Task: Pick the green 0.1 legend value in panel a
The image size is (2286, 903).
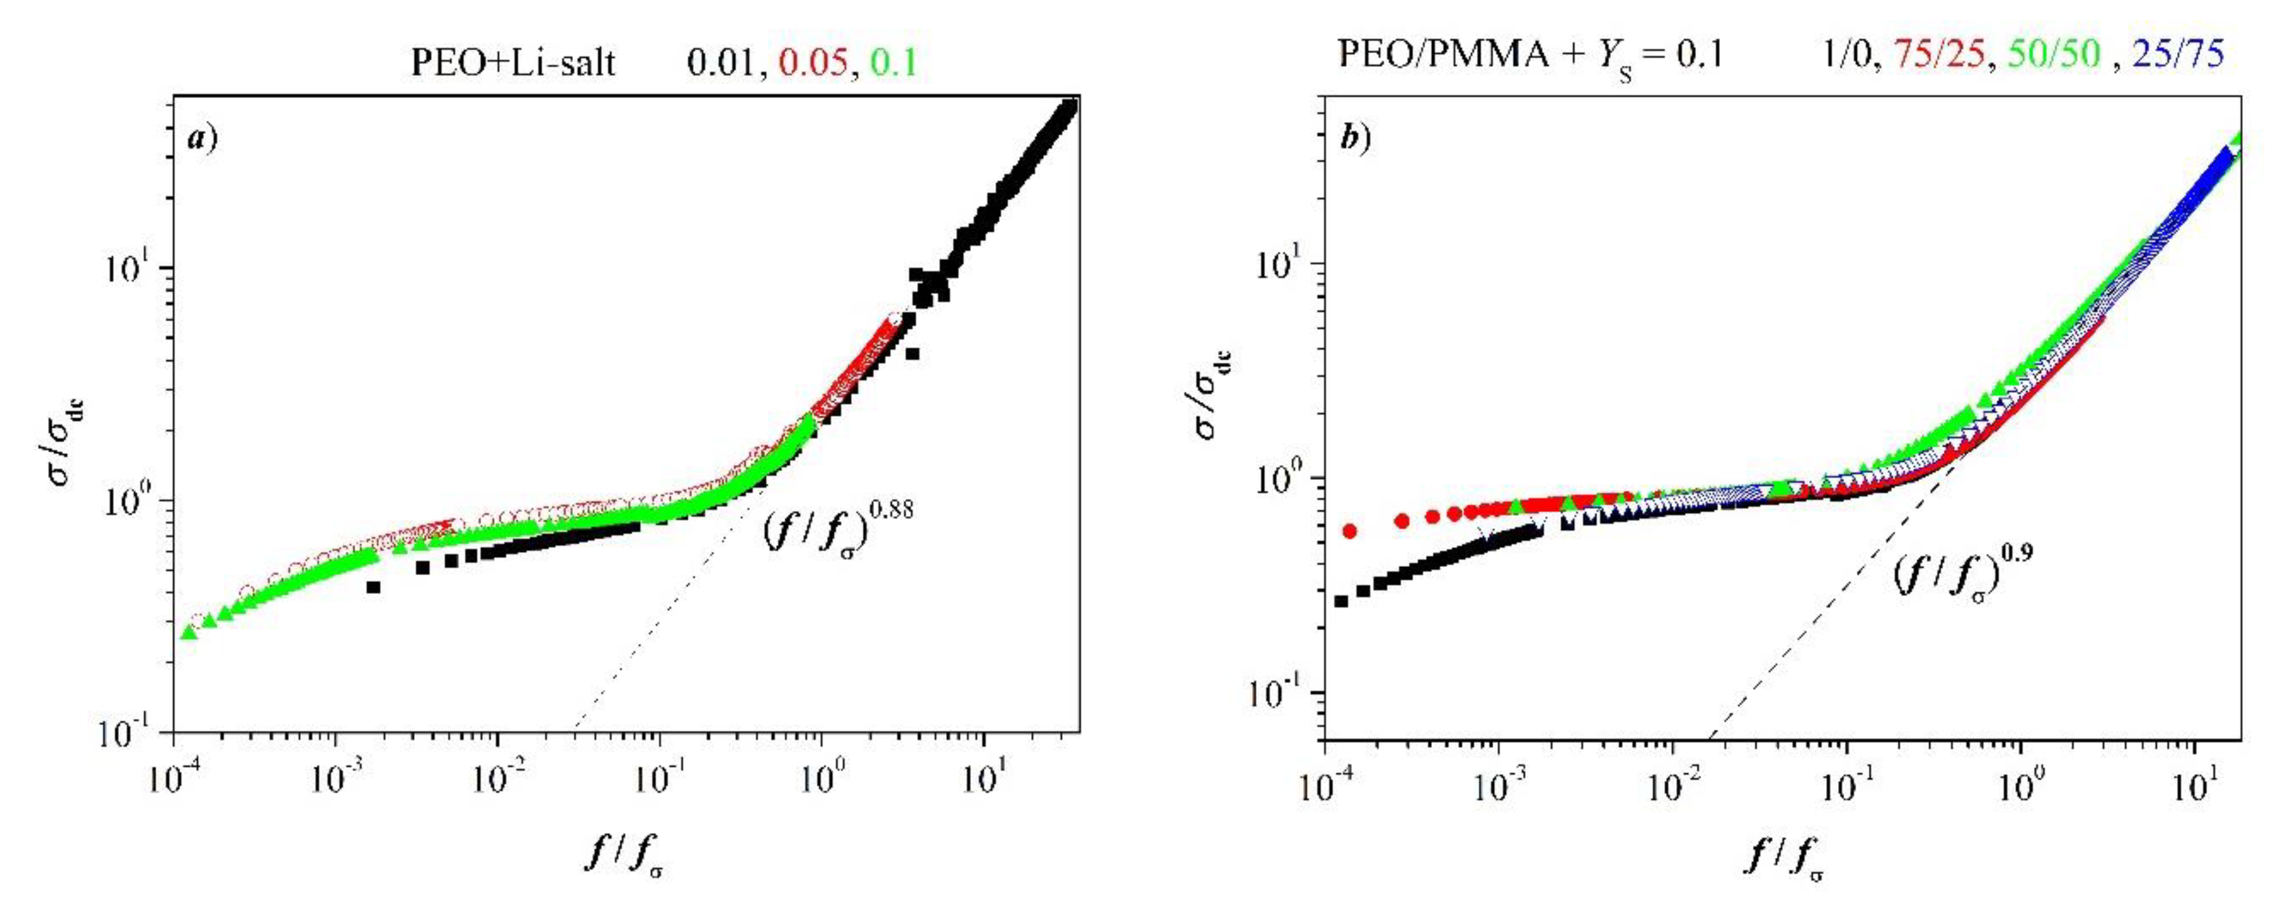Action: pyautogui.click(x=893, y=62)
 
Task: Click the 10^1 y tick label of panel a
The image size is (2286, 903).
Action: pyautogui.click(x=131, y=268)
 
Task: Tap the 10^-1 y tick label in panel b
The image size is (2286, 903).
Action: pyautogui.click(x=1279, y=693)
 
